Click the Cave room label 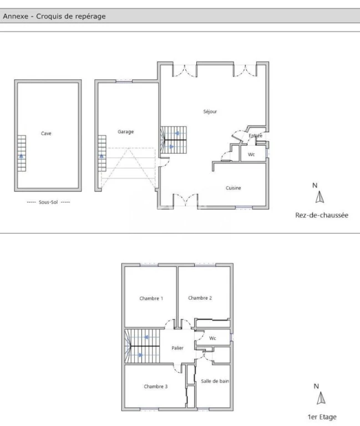click(46, 133)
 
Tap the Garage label click(125, 132)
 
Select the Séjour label click(210, 111)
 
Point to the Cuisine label click(233, 188)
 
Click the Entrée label click(255, 135)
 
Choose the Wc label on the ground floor click(251, 155)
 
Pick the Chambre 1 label click(151, 298)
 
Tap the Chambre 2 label click(200, 298)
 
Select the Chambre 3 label click(156, 386)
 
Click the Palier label click(178, 348)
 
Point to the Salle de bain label click(215, 381)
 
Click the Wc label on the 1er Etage click(212, 338)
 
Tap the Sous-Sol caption click(48, 202)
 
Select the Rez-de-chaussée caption click(322, 215)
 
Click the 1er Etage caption click(322, 417)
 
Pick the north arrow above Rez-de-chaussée click(320, 197)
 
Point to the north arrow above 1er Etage click(321, 398)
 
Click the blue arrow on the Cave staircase click(21, 156)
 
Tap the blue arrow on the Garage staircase click(102, 156)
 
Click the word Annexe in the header click(16, 16)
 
